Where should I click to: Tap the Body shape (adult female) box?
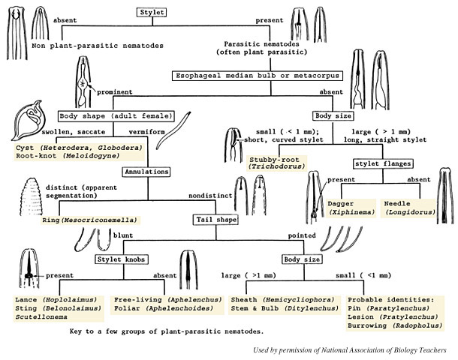tap(116, 115)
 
